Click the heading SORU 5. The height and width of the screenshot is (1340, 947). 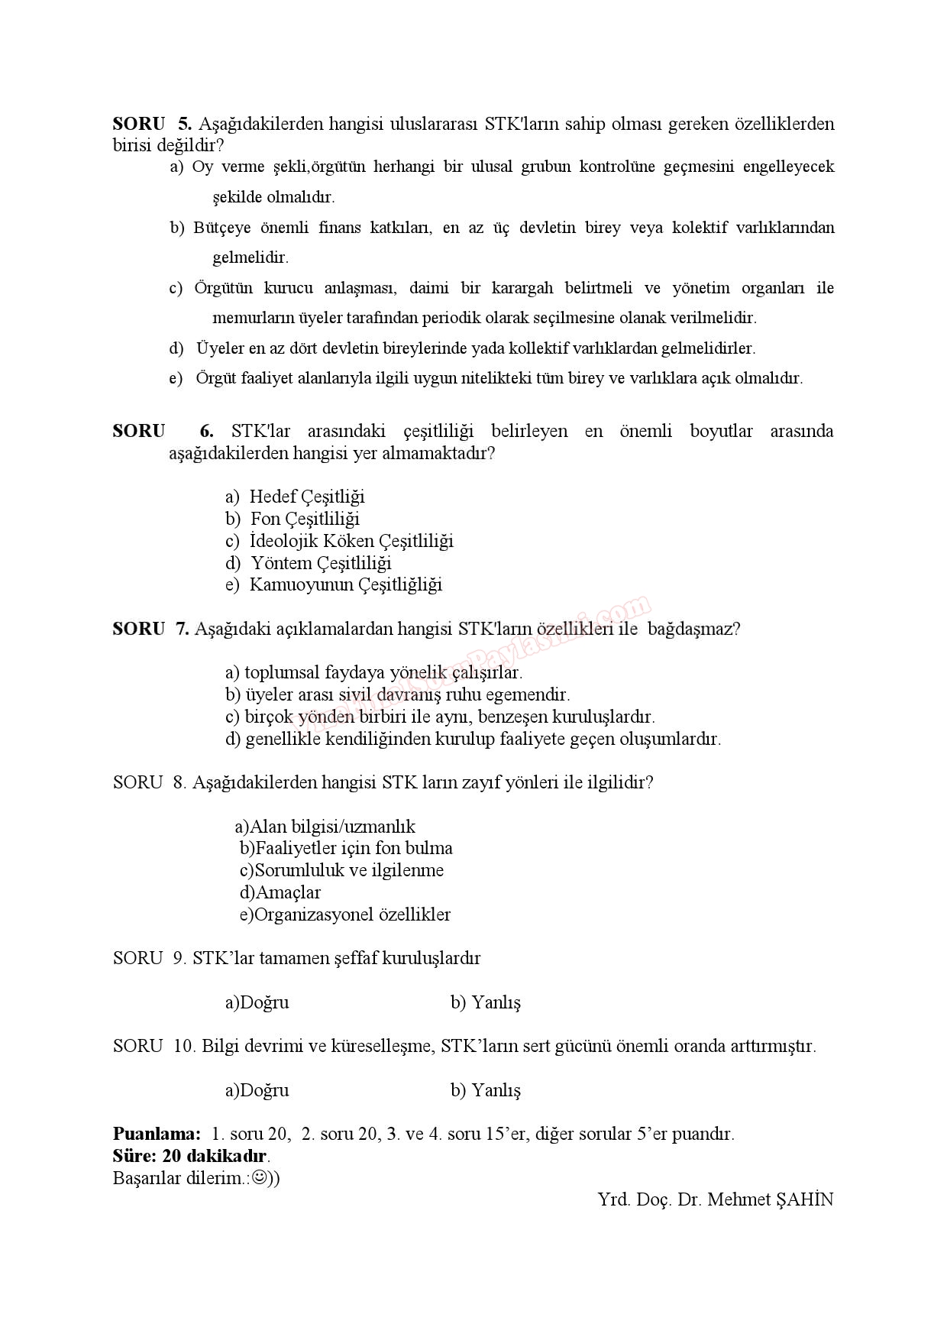click(x=151, y=124)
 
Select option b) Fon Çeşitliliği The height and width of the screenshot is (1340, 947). click(x=293, y=519)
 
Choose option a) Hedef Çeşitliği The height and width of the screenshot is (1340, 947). click(x=295, y=497)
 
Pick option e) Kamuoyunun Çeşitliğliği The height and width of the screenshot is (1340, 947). click(x=334, y=585)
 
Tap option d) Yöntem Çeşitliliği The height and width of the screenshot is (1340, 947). click(x=309, y=563)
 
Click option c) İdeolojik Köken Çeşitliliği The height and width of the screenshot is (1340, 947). click(x=339, y=541)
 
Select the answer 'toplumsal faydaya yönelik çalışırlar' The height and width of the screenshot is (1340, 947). click(x=373, y=673)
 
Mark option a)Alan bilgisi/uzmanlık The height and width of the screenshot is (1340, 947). click(x=325, y=827)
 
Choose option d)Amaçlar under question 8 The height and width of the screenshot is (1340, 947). click(x=280, y=892)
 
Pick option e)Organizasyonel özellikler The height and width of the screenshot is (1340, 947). click(x=345, y=914)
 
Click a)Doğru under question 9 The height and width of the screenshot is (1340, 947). click(x=257, y=1002)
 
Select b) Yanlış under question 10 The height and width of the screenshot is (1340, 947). click(x=486, y=1090)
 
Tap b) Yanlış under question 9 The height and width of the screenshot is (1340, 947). click(x=486, y=1002)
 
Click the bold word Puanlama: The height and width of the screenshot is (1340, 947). click(x=157, y=1134)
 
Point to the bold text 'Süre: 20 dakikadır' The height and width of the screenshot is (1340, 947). click(x=191, y=1156)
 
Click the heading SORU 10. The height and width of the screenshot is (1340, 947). click(x=154, y=1046)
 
